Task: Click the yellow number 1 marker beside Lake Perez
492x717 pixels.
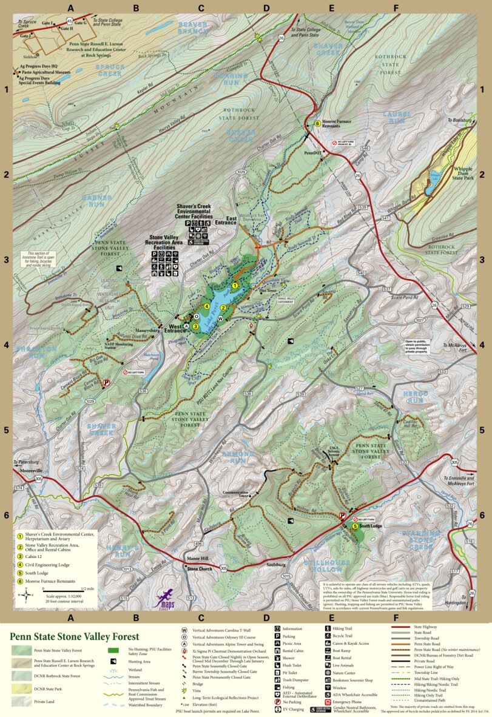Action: (235, 285)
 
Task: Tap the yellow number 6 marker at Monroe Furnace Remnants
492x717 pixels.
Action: (317, 124)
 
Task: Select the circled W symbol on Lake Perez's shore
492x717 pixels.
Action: (220, 318)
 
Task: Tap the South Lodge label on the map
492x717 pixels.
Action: (370, 527)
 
